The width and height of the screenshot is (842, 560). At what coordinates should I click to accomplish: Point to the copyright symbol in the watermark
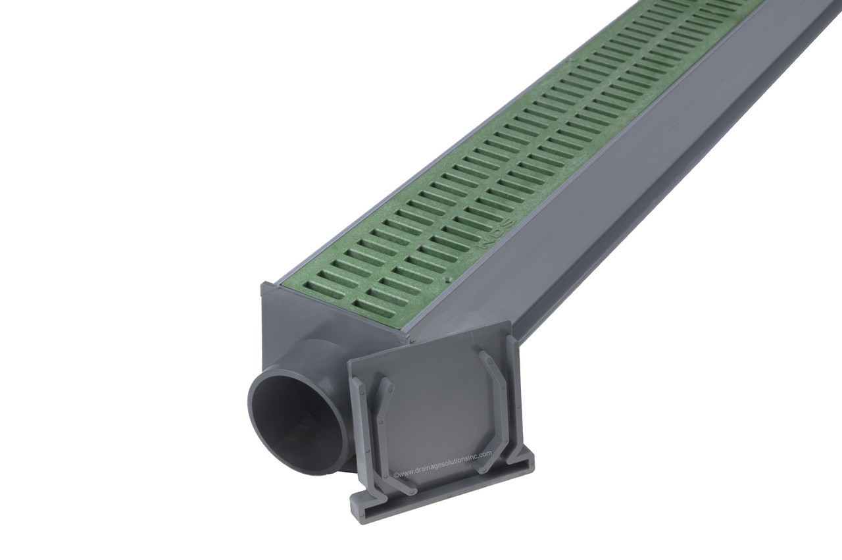click(x=395, y=473)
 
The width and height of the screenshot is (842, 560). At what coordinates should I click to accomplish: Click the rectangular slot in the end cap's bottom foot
click(x=441, y=490)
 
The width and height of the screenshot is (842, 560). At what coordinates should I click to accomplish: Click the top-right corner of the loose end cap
click(x=510, y=324)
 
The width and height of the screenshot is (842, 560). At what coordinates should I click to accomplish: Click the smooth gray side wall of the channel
click(x=592, y=250)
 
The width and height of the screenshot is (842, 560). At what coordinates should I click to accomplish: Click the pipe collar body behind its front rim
click(x=309, y=355)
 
